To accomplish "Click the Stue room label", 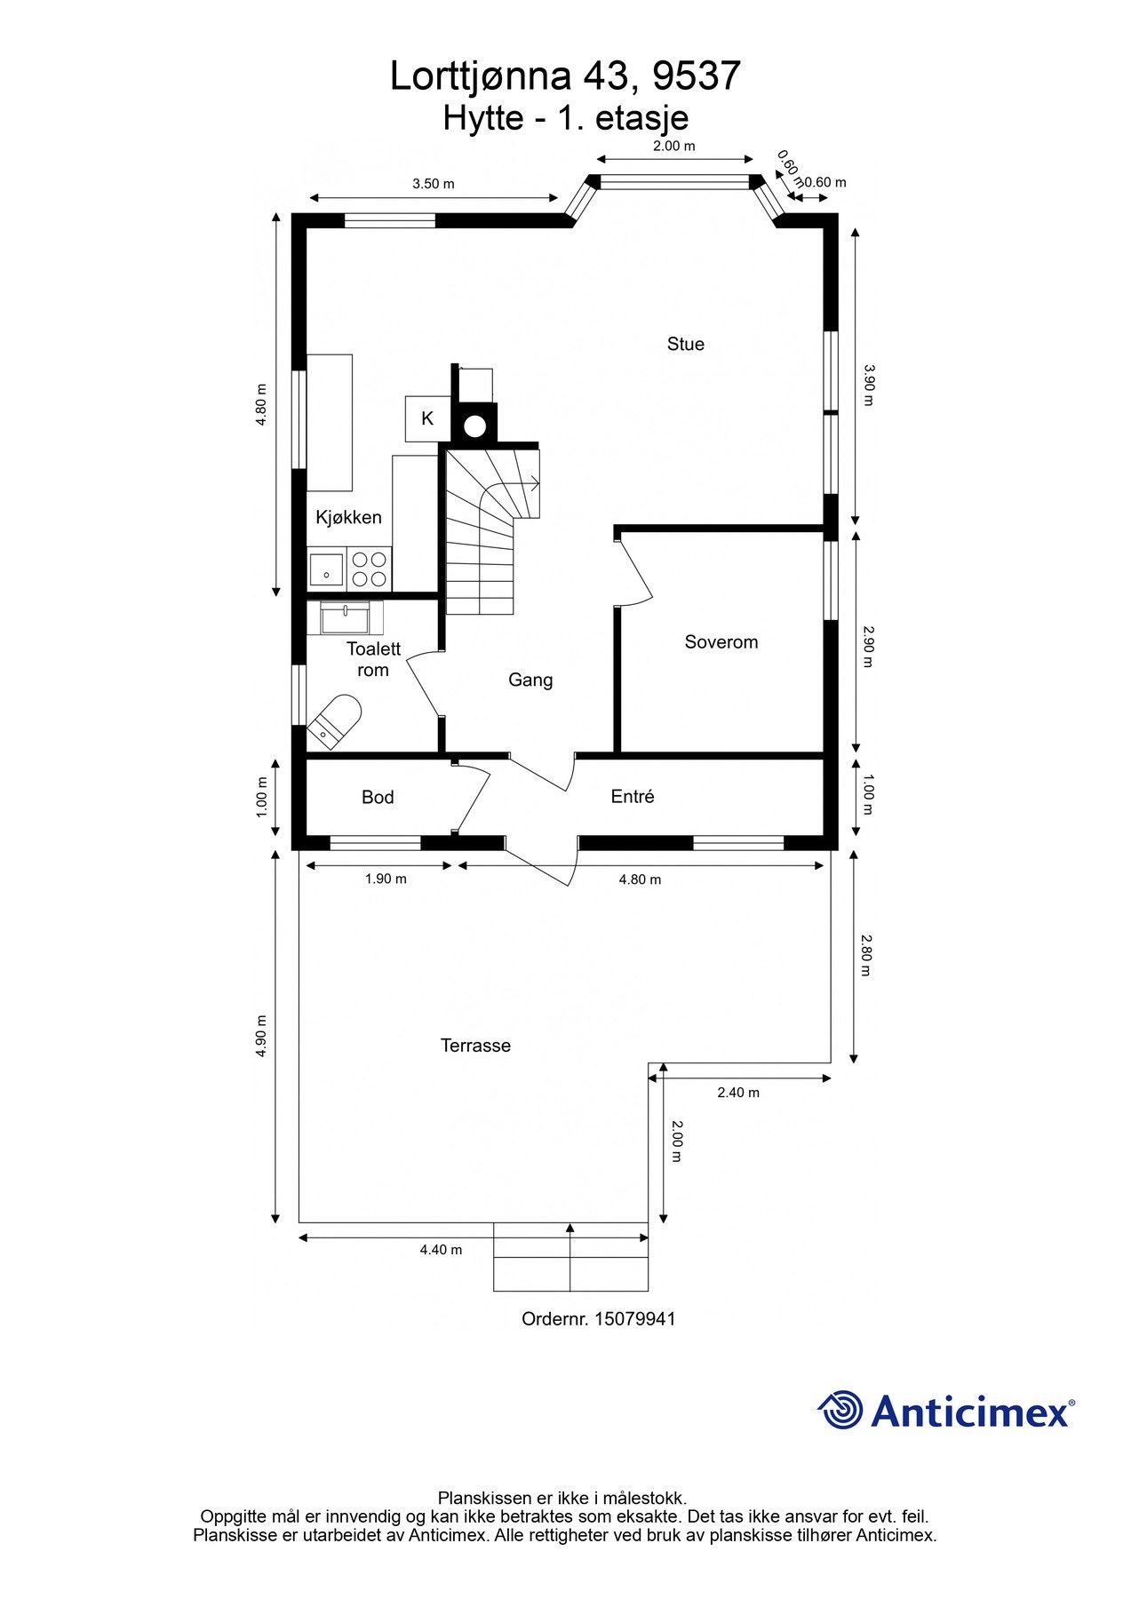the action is [685, 344].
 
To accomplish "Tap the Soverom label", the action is [721, 641].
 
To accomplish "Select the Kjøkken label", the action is [348, 517].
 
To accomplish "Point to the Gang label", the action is [530, 680].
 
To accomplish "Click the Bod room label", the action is [378, 797].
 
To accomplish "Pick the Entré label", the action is [633, 796].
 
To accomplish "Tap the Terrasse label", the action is [475, 1046].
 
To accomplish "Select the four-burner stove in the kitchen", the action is [370, 569].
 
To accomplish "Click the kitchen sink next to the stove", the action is [327, 569].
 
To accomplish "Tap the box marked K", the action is [427, 418].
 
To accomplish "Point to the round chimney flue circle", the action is [475, 426].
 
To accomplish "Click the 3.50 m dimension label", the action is [433, 184].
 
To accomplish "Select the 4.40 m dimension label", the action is [441, 1249].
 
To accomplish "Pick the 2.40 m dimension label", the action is [738, 1093].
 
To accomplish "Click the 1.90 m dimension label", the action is [386, 879].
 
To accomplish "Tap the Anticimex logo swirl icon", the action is [840, 1410].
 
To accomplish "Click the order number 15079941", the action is [634, 1318].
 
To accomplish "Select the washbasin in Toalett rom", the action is [345, 617].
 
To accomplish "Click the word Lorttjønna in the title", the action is [481, 77].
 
